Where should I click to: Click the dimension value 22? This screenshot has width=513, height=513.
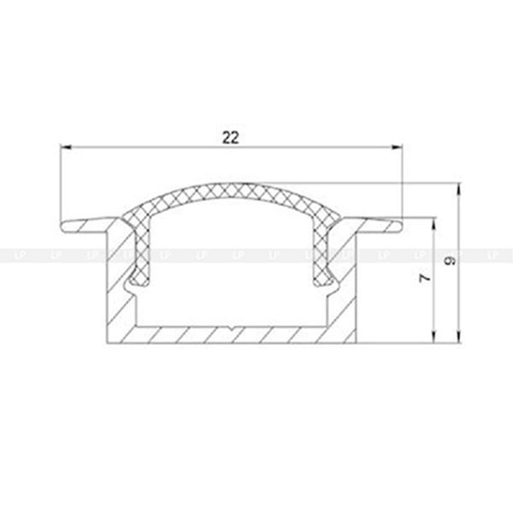pos(231,138)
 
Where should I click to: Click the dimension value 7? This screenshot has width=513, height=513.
pos(425,278)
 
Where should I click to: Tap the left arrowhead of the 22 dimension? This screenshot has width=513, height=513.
pos(66,148)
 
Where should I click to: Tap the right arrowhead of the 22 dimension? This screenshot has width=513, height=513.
pos(398,148)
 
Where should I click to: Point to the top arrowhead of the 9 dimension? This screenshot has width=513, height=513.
pos(459,189)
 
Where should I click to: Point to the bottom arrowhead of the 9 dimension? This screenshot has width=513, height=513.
pos(459,338)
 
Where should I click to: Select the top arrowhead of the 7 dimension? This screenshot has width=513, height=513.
pos(433,224)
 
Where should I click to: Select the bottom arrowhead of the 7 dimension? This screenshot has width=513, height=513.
pos(433,338)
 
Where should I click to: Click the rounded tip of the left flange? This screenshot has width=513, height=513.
pos(62,227)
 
